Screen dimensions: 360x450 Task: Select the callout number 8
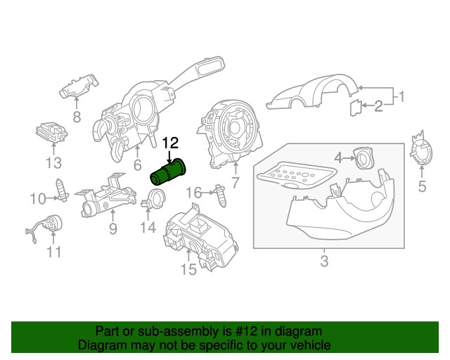pyautogui.click(x=76, y=117)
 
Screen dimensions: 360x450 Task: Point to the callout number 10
pyautogui.click(x=37, y=199)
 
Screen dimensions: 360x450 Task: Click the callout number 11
pyautogui.click(x=54, y=251)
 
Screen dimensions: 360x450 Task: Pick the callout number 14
pyautogui.click(x=147, y=227)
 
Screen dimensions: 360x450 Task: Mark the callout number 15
pyautogui.click(x=188, y=269)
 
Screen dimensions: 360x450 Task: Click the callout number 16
pyautogui.click(x=193, y=191)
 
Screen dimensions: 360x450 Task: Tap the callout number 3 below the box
pyautogui.click(x=323, y=262)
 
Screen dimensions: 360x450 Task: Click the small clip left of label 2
pyautogui.click(x=356, y=107)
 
